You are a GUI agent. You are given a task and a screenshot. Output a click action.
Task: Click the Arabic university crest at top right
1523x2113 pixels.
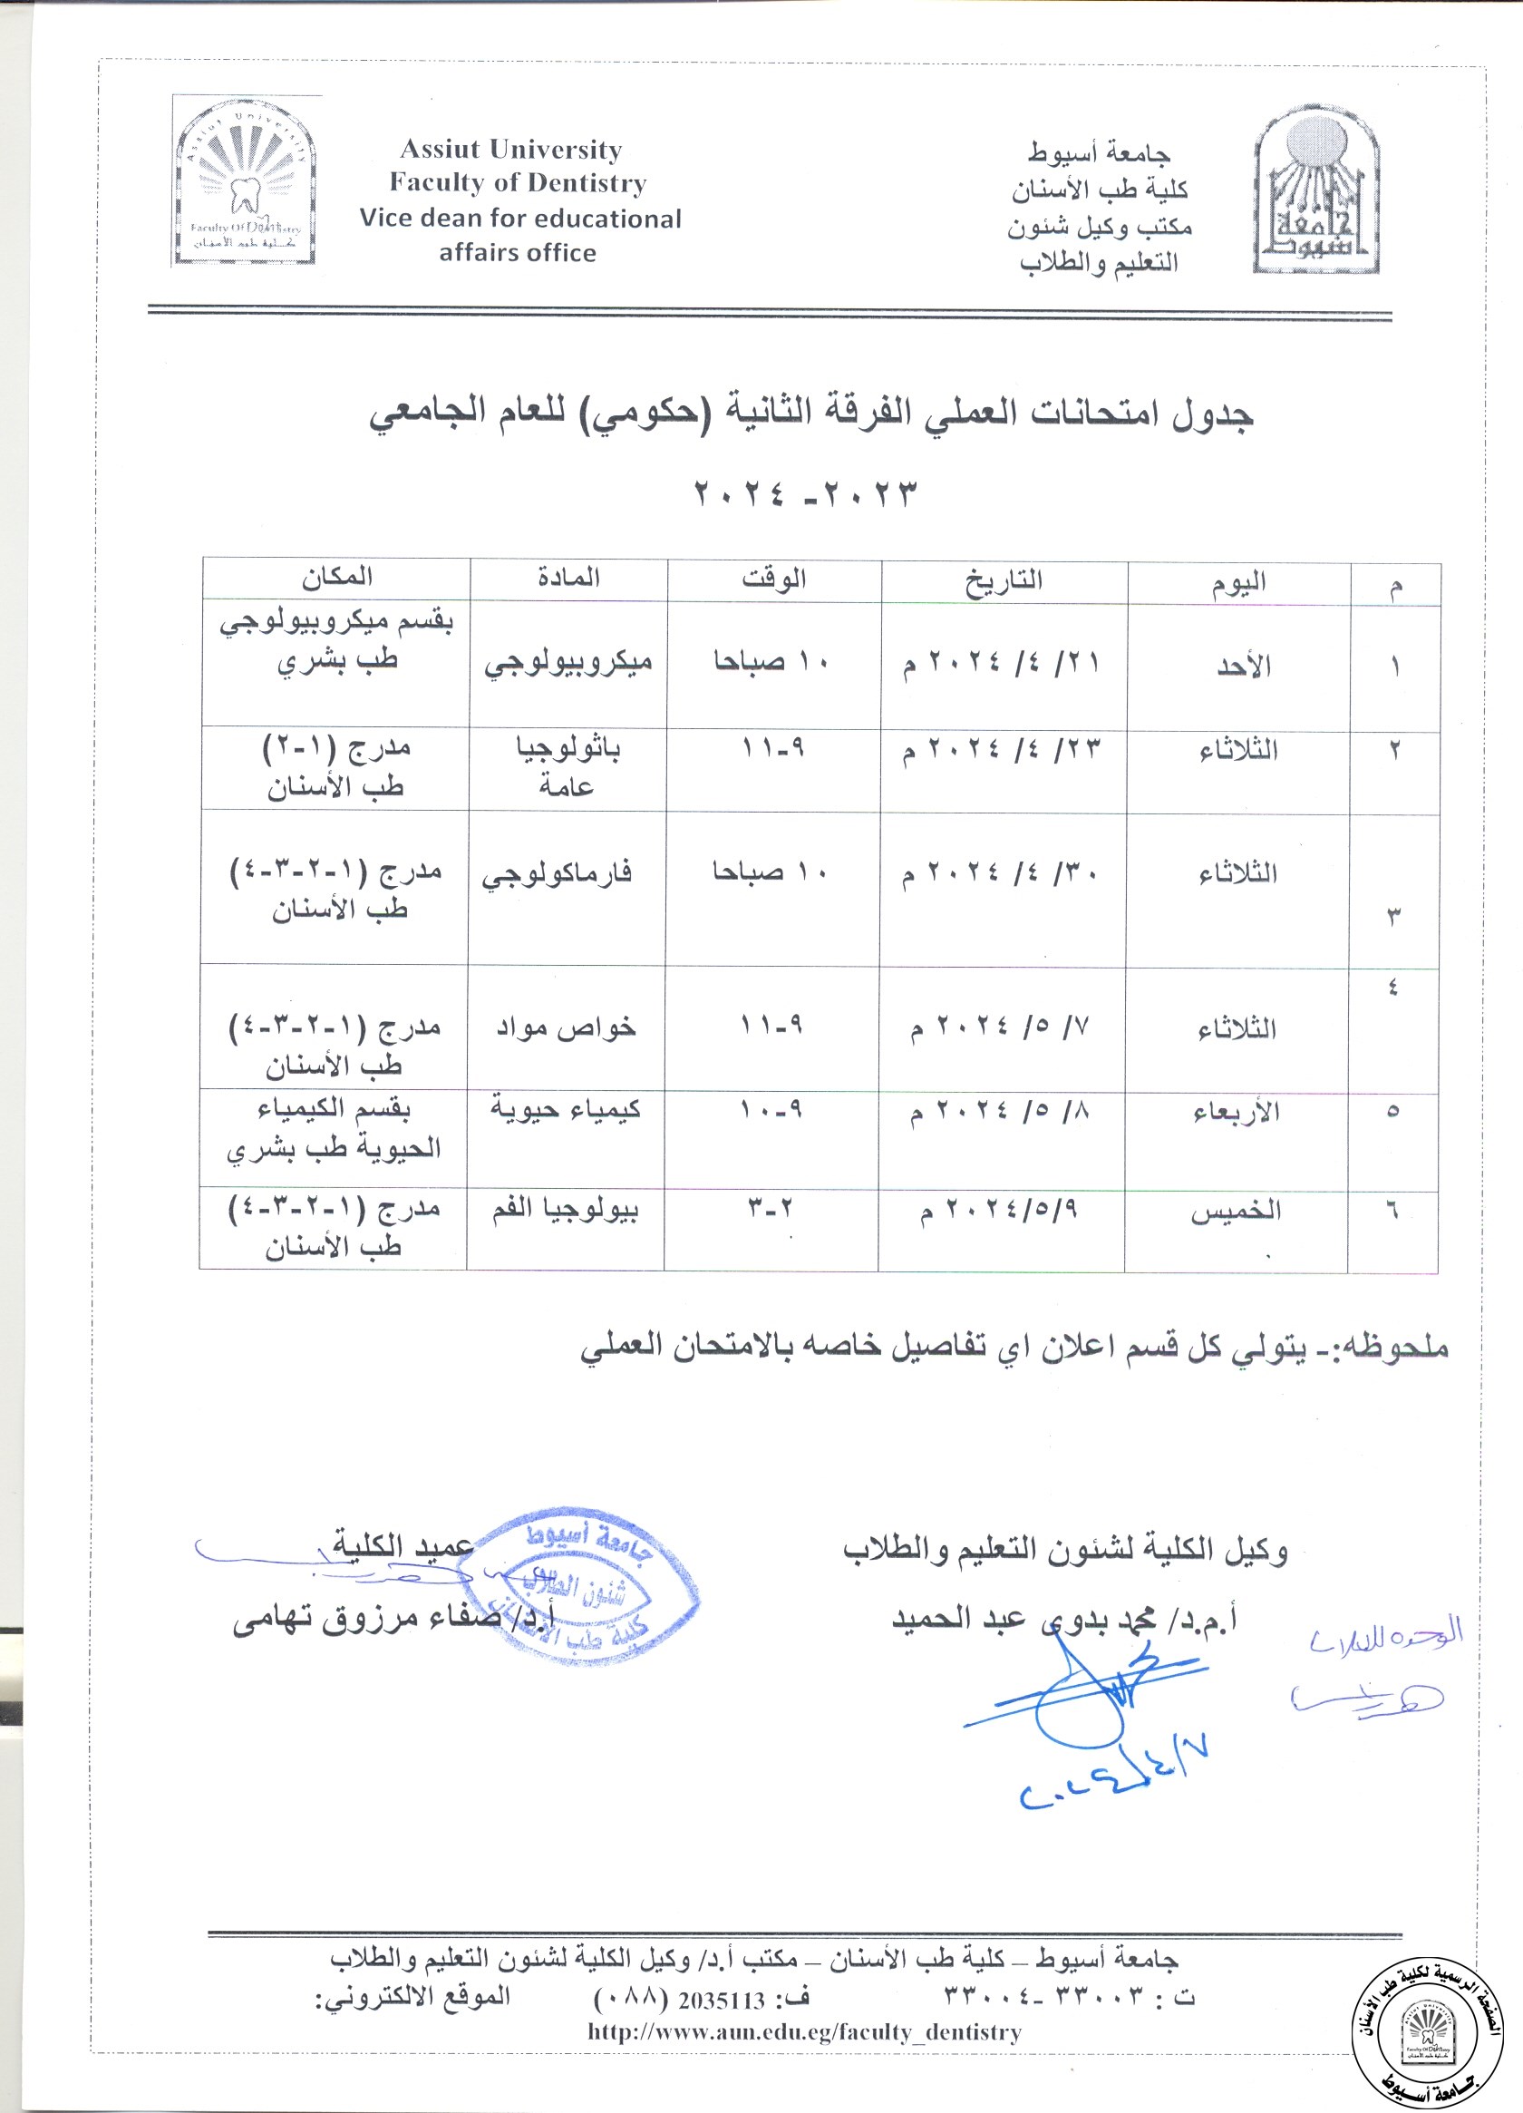pyautogui.click(x=1314, y=191)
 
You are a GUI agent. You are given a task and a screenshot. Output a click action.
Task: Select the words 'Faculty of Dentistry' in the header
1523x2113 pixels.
pyautogui.click(x=517, y=182)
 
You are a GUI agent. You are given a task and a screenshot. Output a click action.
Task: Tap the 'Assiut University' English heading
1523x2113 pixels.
pyautogui.click(x=510, y=149)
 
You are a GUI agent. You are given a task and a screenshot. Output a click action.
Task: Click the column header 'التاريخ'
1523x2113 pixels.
pyautogui.click(x=1004, y=580)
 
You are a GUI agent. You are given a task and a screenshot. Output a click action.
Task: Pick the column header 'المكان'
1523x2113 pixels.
pyautogui.click(x=336, y=578)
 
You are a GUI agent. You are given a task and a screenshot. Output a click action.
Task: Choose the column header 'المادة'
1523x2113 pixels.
pyautogui.click(x=568, y=579)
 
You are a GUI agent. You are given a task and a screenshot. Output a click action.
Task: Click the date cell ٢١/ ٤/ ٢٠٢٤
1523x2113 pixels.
pyautogui.click(x=1002, y=663)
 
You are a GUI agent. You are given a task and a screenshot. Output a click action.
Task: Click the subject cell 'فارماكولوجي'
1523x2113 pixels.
pyautogui.click(x=557, y=874)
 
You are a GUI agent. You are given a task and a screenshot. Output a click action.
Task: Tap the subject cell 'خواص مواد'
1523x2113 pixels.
pyautogui.click(x=566, y=1027)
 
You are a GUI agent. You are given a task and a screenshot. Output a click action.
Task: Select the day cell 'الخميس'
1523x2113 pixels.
pyautogui.click(x=1235, y=1212)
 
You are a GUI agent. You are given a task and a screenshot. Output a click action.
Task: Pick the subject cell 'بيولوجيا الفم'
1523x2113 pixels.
pyautogui.click(x=565, y=1209)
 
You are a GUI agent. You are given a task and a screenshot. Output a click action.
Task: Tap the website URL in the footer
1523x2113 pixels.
pyautogui.click(x=804, y=2032)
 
